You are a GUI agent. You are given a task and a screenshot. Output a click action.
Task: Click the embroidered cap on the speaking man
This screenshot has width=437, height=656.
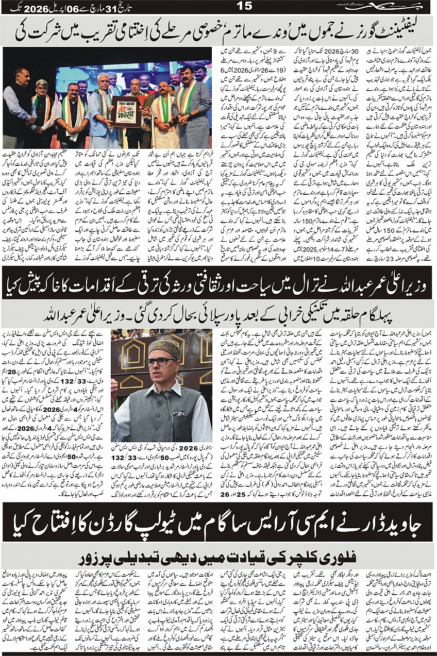[163, 349]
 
